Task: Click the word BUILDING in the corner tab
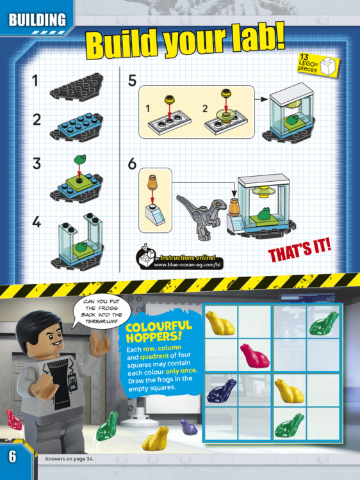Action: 37,20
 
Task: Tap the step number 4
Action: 37,222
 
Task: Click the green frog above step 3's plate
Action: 80,159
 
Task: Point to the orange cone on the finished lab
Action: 234,207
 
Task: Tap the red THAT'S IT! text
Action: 299,251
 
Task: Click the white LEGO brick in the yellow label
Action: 327,65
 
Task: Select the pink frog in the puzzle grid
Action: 254,355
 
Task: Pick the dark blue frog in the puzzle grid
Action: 222,390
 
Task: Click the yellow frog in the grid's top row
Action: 220,323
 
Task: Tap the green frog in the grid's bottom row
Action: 290,426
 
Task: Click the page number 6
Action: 12,456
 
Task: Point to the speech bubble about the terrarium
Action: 102,312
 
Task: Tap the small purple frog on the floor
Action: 188,427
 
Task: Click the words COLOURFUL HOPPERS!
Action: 158,332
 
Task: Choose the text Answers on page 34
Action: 69,459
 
